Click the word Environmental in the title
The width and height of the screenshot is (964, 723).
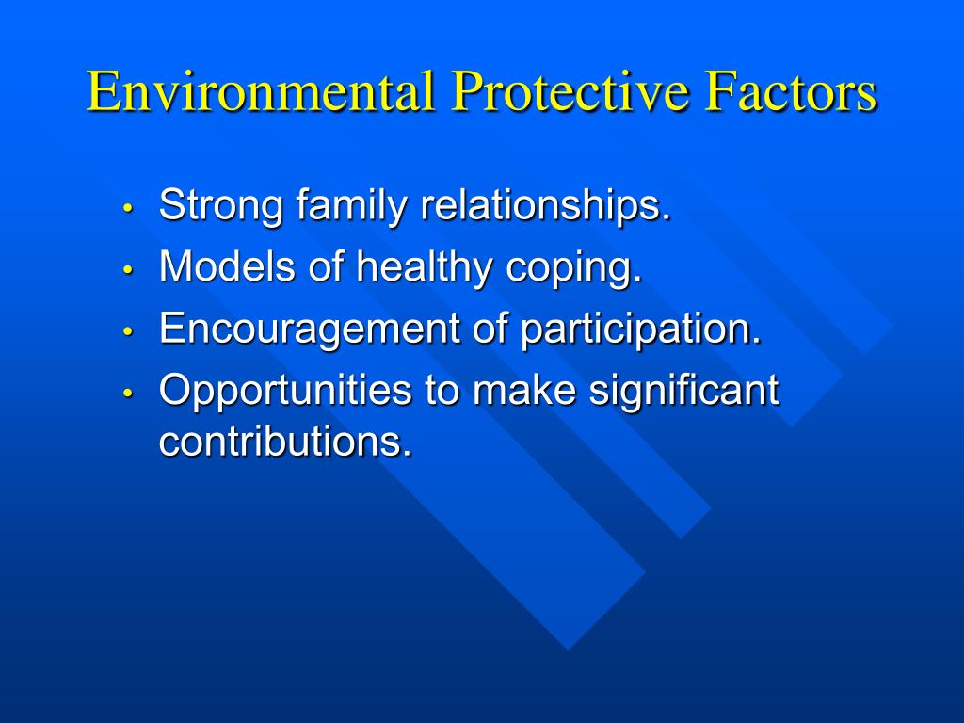pos(261,91)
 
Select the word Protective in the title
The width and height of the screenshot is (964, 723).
pos(570,91)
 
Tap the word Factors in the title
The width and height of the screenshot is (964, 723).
pos(791,91)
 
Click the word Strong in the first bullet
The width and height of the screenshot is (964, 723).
pos(221,206)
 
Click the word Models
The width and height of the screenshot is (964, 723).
pos(227,267)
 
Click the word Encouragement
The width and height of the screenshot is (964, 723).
pos(309,329)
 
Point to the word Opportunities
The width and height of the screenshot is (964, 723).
pos(285,391)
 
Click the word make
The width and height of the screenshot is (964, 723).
pos(524,390)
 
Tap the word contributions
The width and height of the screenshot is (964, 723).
pos(285,441)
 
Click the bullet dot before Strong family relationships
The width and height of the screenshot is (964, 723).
pos(128,208)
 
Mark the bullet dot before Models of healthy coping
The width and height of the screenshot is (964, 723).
pos(128,269)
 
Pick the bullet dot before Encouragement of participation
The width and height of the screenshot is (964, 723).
pos(128,330)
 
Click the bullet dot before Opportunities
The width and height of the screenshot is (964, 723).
pos(128,393)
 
